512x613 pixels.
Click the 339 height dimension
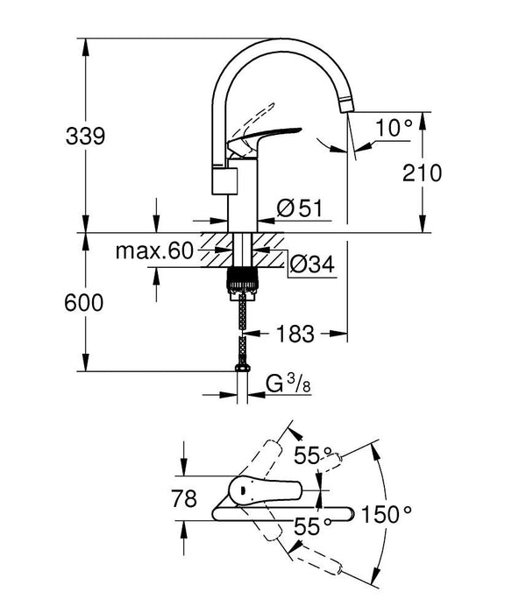pyautogui.click(x=85, y=137)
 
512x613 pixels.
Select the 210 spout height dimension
pyautogui.click(x=423, y=173)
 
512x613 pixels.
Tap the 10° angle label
pyautogui.click(x=394, y=128)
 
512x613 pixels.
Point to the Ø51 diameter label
pyautogui.click(x=300, y=208)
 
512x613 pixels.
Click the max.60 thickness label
pyautogui.click(x=153, y=252)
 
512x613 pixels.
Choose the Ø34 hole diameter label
pyautogui.click(x=310, y=262)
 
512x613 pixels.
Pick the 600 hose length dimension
pyautogui.click(x=85, y=302)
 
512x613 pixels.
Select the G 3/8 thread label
pyautogui.click(x=285, y=384)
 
